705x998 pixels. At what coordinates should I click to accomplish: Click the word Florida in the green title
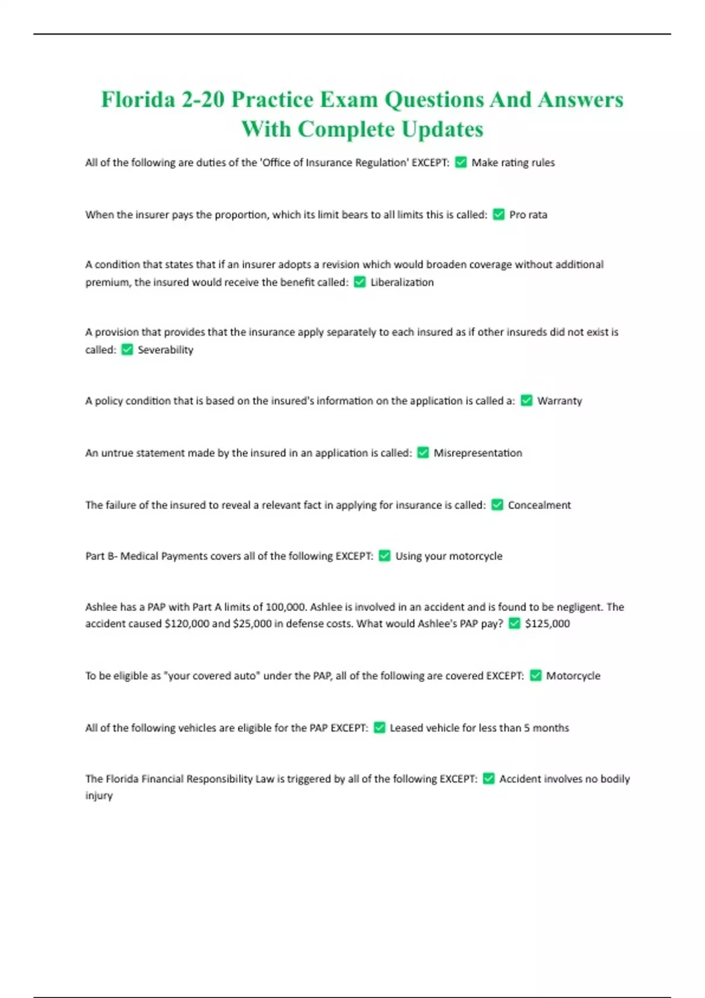tap(138, 99)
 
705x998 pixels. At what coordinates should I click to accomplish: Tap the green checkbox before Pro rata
tap(499, 215)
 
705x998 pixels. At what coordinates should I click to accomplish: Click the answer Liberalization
tap(402, 282)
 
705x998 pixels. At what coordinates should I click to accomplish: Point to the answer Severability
tap(165, 350)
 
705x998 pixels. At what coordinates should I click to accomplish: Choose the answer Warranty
tap(559, 401)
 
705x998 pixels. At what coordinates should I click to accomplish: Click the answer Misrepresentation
tap(478, 453)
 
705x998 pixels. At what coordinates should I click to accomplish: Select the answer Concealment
tap(539, 505)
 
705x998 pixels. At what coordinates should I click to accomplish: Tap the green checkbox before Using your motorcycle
tap(385, 556)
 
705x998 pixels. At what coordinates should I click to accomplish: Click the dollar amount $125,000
tap(547, 623)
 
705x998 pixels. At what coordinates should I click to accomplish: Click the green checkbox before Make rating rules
tap(461, 163)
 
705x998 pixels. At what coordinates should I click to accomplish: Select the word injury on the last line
tap(99, 796)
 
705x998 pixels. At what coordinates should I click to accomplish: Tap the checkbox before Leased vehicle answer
tap(380, 728)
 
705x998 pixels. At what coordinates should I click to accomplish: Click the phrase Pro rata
tap(528, 215)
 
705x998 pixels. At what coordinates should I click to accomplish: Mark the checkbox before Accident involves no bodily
tap(489, 779)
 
